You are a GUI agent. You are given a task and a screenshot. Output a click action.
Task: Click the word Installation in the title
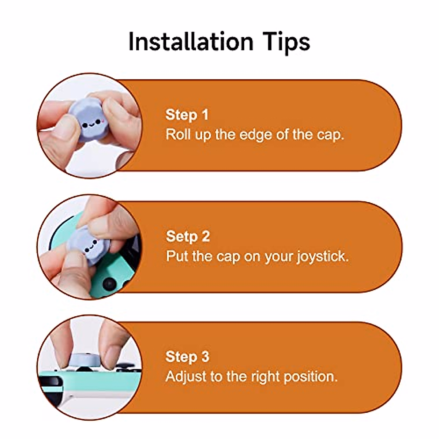[191, 41]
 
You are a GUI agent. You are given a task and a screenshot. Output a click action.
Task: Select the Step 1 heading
[187, 115]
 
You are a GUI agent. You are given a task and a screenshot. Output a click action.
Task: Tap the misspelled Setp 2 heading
[188, 236]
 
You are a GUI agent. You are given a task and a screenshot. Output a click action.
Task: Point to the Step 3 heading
[187, 356]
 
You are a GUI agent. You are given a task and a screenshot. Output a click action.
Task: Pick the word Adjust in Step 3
[186, 377]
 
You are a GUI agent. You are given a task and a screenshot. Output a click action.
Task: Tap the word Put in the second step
[177, 256]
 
